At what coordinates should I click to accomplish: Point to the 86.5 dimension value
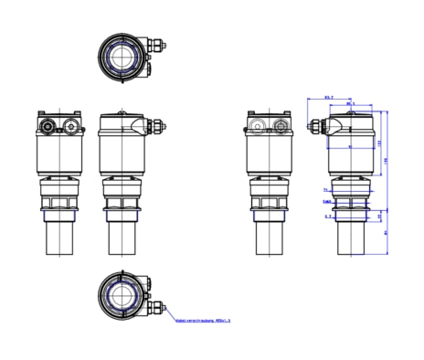(x=349, y=104)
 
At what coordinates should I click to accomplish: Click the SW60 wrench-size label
(x=325, y=197)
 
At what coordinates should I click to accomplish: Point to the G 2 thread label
(x=327, y=217)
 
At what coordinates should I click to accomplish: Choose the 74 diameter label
(x=324, y=189)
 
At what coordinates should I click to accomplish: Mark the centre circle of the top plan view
(x=122, y=55)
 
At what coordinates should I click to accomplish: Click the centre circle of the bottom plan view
(x=122, y=296)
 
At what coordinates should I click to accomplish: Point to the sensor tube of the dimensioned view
(x=352, y=239)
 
